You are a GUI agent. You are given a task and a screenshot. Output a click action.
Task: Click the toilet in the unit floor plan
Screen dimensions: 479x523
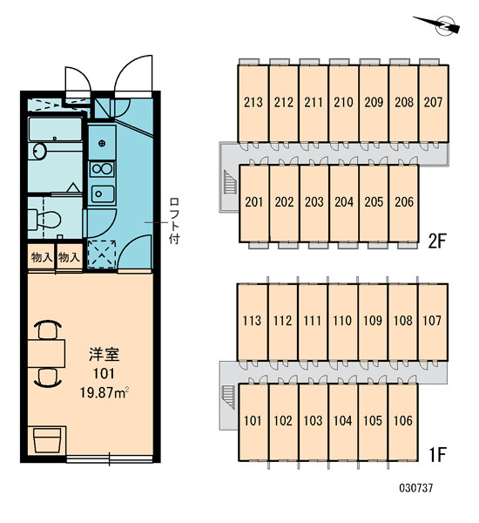tap(44, 220)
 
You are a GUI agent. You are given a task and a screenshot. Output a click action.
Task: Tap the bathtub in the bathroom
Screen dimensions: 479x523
tap(56, 129)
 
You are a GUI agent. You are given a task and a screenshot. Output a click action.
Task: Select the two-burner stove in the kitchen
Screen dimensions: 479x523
tap(103, 169)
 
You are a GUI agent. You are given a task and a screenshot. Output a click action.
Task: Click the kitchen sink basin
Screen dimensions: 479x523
tap(103, 194)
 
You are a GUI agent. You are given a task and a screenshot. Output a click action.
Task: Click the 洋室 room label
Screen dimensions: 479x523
tap(105, 354)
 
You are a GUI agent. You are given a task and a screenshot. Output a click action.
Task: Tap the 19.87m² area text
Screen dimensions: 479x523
tap(105, 392)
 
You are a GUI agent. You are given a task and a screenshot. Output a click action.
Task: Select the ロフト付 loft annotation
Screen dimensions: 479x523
tap(174, 221)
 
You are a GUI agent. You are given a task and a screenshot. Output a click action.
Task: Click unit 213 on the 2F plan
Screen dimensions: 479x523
tap(253, 103)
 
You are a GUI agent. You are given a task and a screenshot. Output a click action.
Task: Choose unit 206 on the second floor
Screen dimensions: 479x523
tap(404, 203)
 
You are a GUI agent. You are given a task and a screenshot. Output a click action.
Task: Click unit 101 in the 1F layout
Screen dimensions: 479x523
tap(253, 422)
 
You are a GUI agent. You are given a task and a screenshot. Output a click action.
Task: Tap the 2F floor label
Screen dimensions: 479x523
tap(436, 241)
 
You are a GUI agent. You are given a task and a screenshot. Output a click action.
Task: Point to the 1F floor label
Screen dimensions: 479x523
tap(437, 454)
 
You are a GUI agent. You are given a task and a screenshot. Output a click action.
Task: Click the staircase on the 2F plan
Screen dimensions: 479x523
tap(230, 182)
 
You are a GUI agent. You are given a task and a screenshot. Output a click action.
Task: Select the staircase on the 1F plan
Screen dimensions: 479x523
tap(229, 397)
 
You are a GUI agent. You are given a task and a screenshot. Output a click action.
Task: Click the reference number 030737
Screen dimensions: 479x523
tap(416, 488)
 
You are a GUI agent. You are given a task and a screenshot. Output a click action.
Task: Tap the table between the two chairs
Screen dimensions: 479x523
tap(46, 354)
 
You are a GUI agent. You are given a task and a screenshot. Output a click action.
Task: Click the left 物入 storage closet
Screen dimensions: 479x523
tap(41, 257)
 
